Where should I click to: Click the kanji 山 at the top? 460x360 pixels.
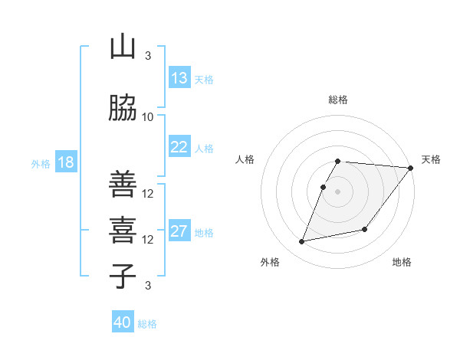click(x=123, y=47)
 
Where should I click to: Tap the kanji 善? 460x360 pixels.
click(x=123, y=185)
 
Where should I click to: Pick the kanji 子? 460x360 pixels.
click(x=123, y=276)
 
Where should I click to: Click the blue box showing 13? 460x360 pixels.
click(x=179, y=78)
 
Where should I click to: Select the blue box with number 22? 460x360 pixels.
click(x=179, y=148)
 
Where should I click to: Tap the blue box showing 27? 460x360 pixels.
click(x=179, y=232)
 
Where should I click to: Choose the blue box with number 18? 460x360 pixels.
click(x=65, y=163)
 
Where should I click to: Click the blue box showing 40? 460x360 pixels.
click(x=123, y=322)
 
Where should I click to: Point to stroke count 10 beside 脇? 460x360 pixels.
click(x=148, y=116)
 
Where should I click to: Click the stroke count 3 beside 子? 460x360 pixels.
click(x=148, y=286)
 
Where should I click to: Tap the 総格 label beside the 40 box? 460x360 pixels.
click(x=147, y=324)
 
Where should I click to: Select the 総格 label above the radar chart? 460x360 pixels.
click(x=338, y=100)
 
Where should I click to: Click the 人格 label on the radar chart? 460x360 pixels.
click(x=245, y=159)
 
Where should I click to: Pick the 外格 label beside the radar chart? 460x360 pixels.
click(x=269, y=262)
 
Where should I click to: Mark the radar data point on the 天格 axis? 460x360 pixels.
click(x=411, y=169)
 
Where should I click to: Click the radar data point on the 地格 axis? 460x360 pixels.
click(x=365, y=229)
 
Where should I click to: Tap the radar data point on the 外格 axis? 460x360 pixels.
click(x=302, y=241)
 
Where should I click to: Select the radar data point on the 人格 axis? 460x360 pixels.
click(x=324, y=187)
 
